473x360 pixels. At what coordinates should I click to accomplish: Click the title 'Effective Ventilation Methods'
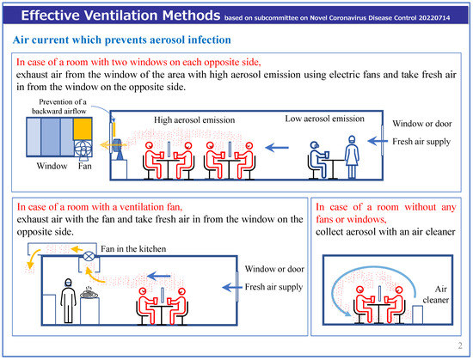(120, 15)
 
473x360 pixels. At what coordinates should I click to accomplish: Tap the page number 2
(460, 345)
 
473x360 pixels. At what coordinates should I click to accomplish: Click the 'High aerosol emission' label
(194, 120)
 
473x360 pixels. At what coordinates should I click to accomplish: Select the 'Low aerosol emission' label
(324, 119)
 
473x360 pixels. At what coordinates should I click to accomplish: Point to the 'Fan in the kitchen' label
(133, 249)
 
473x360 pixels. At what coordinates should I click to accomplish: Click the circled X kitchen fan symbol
(89, 257)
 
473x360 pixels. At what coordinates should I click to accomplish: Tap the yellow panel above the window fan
(83, 129)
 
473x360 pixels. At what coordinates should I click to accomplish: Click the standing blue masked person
(352, 157)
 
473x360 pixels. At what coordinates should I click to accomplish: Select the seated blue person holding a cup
(318, 160)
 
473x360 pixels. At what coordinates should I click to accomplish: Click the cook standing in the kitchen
(68, 301)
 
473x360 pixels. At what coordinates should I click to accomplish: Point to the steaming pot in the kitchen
(89, 293)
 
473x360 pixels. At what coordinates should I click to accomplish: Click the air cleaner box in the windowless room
(417, 314)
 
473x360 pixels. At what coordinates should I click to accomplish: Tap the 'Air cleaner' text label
(436, 295)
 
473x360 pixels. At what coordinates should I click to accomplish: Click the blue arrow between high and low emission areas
(277, 148)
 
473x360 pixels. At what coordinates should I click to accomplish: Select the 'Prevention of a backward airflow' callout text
(59, 107)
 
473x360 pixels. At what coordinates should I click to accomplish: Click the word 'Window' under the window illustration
(52, 166)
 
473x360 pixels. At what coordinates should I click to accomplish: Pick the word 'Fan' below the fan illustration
(85, 166)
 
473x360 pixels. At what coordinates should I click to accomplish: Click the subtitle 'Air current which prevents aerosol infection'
(122, 40)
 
